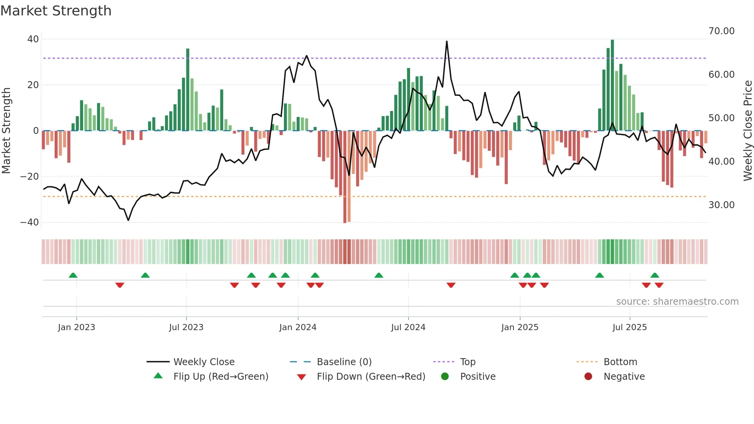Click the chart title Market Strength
pyautogui.click(x=56, y=11)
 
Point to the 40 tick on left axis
pyautogui.click(x=33, y=39)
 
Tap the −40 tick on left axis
pyautogui.click(x=30, y=222)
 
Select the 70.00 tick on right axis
pyautogui.click(x=721, y=31)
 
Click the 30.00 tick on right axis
pyautogui.click(x=721, y=205)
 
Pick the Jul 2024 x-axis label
pyautogui.click(x=408, y=327)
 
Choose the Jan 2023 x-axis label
pyautogui.click(x=77, y=327)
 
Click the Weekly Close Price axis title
pyautogui.click(x=747, y=131)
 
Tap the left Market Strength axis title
pyautogui.click(x=6, y=131)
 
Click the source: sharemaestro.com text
pyautogui.click(x=677, y=302)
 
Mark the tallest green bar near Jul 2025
pyautogui.click(x=612, y=85)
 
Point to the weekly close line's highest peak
pyautogui.click(x=447, y=42)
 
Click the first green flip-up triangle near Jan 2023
pyautogui.click(x=73, y=275)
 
